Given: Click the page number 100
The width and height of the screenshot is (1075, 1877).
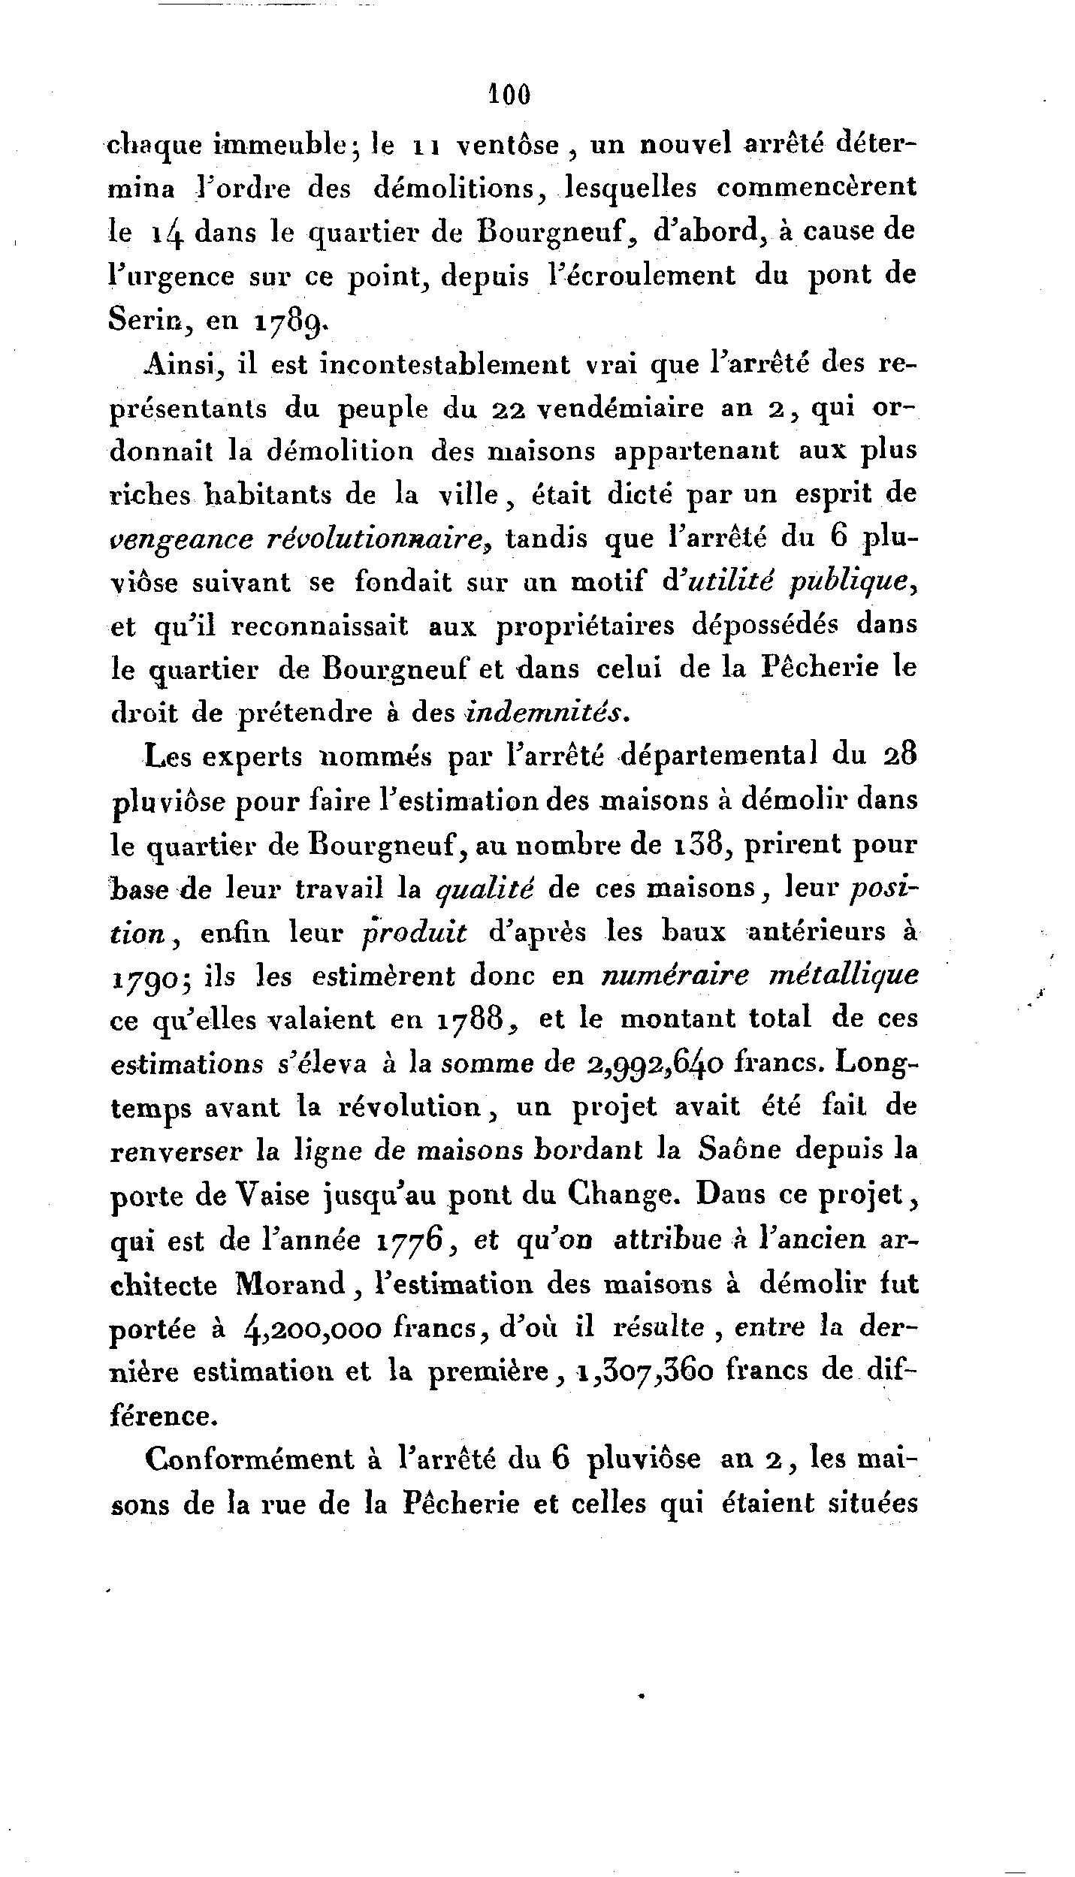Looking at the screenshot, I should click(x=510, y=95).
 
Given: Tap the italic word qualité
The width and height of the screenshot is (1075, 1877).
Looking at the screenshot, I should click(x=485, y=889).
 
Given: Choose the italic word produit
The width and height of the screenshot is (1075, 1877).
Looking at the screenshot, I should click(x=415, y=932).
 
